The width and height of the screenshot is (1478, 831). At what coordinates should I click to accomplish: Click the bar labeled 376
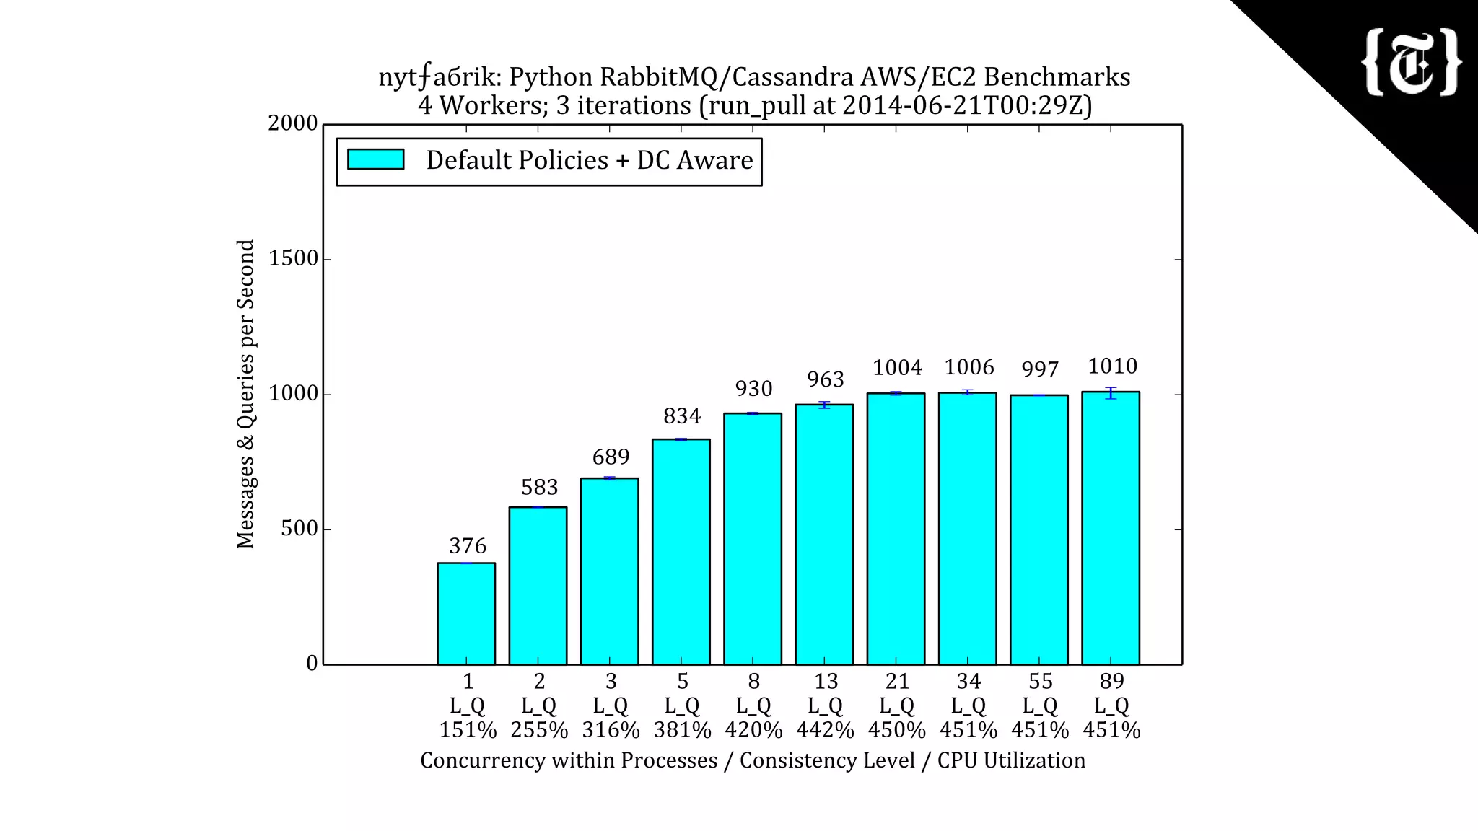click(x=466, y=613)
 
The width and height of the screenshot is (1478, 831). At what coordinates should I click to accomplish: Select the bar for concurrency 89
click(x=1111, y=528)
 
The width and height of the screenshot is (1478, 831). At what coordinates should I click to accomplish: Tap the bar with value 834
click(x=681, y=552)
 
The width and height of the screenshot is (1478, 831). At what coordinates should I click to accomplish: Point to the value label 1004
click(x=897, y=368)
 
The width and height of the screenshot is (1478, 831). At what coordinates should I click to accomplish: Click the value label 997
click(x=1040, y=369)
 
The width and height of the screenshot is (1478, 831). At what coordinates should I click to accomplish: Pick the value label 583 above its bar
click(x=540, y=488)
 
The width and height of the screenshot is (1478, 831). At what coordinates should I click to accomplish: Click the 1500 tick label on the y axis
click(x=293, y=258)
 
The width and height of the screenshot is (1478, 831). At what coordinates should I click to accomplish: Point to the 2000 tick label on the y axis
click(x=293, y=123)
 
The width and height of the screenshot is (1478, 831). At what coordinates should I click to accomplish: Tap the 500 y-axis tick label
click(x=299, y=529)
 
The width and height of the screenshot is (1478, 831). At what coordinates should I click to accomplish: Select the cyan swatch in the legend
click(x=375, y=159)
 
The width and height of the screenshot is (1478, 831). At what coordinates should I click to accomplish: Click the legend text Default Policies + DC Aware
click(x=589, y=160)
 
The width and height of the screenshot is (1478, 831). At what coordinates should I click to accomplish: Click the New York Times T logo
click(x=1412, y=63)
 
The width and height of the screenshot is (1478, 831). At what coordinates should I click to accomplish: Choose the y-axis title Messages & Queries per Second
click(x=245, y=394)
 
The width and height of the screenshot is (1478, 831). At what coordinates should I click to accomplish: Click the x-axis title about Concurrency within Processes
click(x=753, y=760)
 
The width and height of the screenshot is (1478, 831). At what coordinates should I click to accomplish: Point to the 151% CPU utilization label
click(x=468, y=730)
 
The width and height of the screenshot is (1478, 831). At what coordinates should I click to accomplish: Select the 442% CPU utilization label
click(x=825, y=730)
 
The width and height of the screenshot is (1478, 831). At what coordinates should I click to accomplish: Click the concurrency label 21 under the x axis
click(x=897, y=681)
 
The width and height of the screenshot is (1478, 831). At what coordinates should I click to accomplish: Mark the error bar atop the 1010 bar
click(x=1111, y=392)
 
